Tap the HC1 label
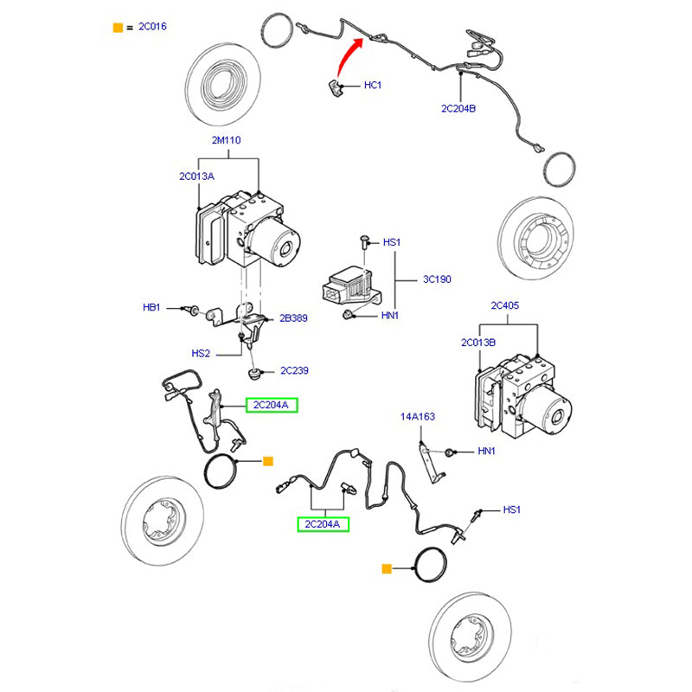(372, 86)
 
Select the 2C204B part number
(459, 108)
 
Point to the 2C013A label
(197, 176)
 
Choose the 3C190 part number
(437, 279)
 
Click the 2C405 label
(507, 305)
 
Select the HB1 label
(152, 308)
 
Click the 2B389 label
(293, 318)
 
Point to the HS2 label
(201, 353)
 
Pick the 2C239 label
(293, 371)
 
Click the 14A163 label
(417, 417)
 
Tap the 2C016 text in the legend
(152, 27)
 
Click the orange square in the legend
(118, 27)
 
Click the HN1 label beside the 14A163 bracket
(487, 452)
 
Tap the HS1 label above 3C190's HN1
(391, 243)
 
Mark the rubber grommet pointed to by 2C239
(255, 374)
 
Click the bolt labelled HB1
(193, 309)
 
